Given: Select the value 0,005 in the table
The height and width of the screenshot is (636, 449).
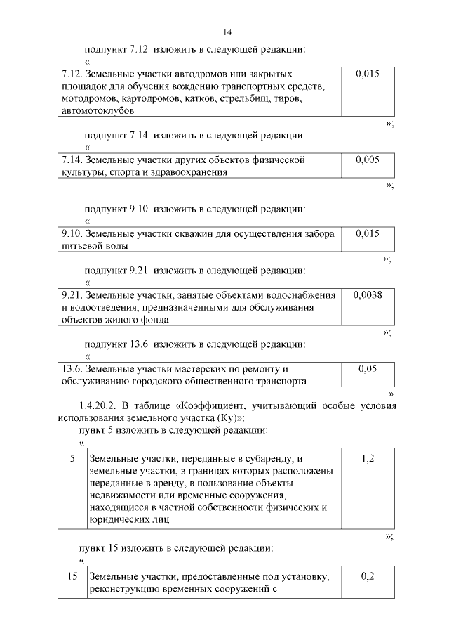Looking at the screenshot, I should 367,160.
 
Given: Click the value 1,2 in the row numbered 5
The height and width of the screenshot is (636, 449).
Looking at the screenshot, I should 367,458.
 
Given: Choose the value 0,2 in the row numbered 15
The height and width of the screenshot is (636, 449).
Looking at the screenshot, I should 367,576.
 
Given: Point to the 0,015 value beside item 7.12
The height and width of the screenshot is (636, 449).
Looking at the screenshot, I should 367,73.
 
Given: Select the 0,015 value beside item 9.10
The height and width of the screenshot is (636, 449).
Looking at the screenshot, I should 367,233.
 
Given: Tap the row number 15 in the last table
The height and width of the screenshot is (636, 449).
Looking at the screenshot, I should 72,576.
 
